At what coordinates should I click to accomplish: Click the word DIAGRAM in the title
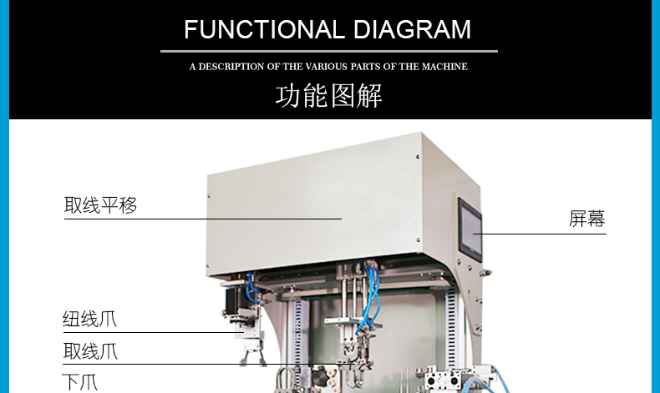(412, 29)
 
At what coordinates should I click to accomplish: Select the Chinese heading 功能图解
(328, 95)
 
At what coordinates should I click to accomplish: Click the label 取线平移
(100, 205)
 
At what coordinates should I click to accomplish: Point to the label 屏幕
(586, 219)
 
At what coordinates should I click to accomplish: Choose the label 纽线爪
(89, 319)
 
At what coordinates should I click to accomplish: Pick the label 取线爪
(90, 351)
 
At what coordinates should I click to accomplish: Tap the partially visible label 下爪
(80, 382)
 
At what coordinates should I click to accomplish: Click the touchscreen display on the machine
(470, 229)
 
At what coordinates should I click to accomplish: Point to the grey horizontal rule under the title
(329, 51)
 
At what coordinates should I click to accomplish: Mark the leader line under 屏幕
(539, 234)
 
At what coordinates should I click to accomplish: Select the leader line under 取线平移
(203, 219)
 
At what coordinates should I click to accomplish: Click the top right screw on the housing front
(418, 157)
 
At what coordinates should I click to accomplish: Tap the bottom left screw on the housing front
(207, 265)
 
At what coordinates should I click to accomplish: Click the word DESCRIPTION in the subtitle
(231, 67)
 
